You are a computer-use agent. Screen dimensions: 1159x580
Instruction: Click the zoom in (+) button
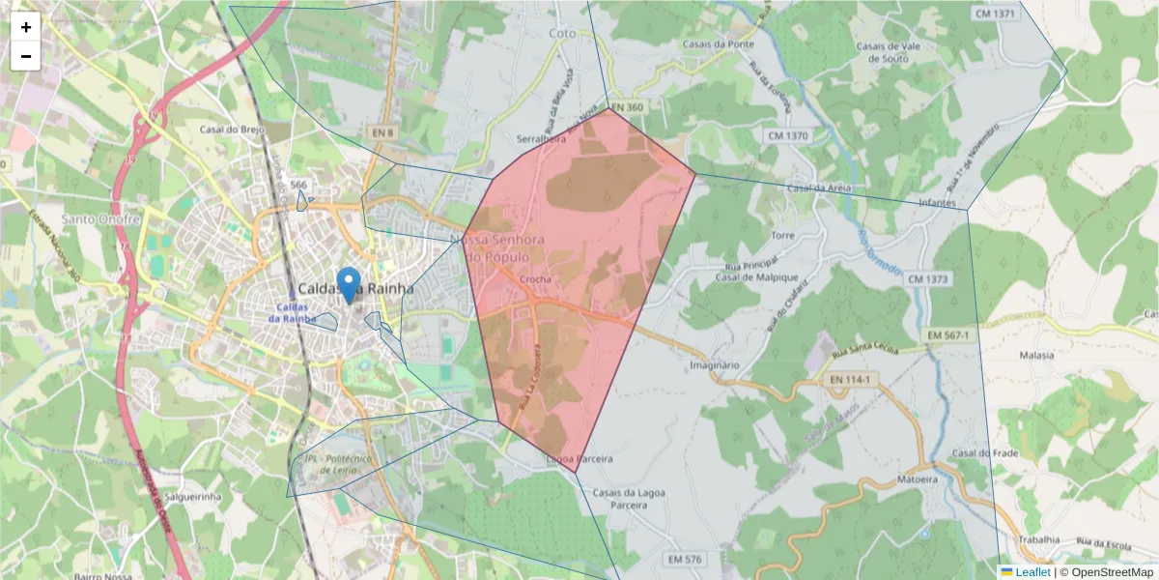click(x=25, y=27)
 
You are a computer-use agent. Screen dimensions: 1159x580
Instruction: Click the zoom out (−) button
click(x=25, y=56)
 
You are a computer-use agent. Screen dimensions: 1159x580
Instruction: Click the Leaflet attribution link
click(x=1032, y=572)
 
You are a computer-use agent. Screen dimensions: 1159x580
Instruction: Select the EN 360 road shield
click(x=627, y=107)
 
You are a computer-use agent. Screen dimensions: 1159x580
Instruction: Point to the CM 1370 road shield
click(x=787, y=136)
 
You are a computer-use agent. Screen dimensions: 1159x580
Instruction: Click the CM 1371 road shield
click(x=995, y=14)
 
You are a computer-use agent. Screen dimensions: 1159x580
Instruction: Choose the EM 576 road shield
click(x=685, y=560)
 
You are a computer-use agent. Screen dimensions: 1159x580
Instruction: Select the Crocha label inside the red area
click(x=535, y=279)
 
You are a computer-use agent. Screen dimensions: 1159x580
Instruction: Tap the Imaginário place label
click(x=715, y=365)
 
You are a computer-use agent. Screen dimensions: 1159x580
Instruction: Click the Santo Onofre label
click(x=101, y=219)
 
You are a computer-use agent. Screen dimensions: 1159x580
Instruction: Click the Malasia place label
click(x=1036, y=355)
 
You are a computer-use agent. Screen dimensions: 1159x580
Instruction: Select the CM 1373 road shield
click(x=948, y=279)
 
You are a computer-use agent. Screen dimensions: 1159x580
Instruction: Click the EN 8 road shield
click(x=382, y=131)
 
